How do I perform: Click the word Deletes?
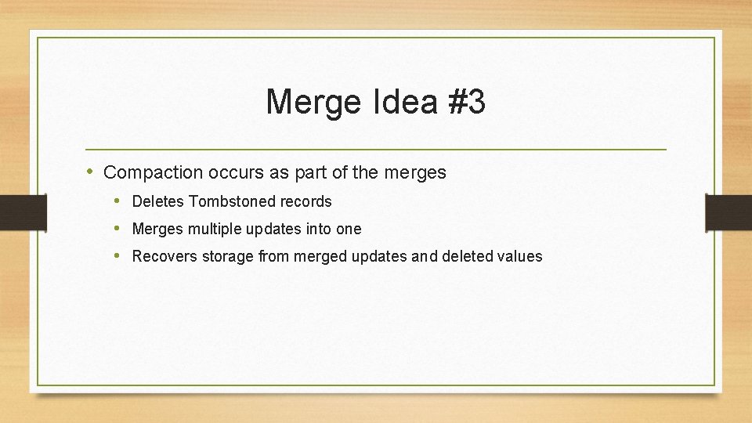157,201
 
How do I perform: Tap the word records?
306,201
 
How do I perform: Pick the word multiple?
215,229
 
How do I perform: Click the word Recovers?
163,256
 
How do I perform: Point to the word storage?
226,256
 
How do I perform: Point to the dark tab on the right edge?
728,211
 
